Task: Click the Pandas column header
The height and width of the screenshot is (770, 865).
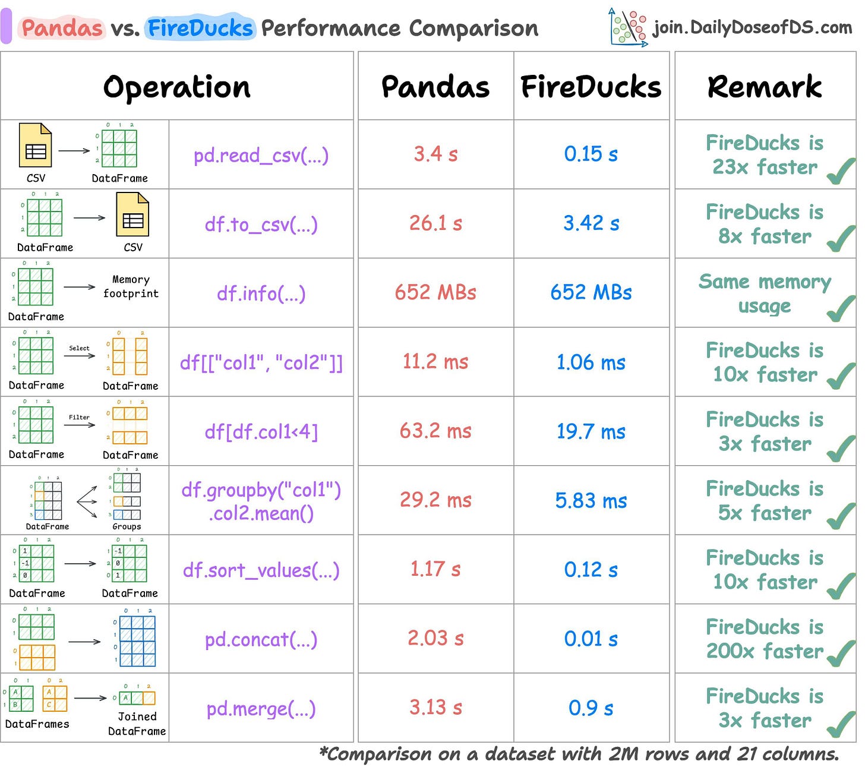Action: point(435,87)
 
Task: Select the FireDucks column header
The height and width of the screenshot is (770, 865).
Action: point(591,87)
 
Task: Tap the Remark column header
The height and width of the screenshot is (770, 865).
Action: point(765,87)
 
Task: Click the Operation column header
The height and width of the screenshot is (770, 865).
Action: point(176,87)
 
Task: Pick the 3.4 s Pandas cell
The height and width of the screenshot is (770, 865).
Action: point(435,154)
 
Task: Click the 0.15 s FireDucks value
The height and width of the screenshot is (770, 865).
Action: point(591,154)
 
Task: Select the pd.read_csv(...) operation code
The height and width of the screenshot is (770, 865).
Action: point(261,155)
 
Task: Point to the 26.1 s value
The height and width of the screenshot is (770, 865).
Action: point(435,223)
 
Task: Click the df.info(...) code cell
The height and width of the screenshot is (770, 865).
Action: point(261,293)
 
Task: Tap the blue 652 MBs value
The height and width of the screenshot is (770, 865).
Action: point(591,292)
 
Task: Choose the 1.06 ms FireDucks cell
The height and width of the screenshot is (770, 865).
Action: point(591,362)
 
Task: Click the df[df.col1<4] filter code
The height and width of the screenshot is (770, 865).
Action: point(261,431)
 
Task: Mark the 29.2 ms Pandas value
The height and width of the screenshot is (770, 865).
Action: point(435,500)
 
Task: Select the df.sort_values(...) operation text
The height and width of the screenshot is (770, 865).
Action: point(261,570)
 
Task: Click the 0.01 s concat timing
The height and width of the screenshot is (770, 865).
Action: point(591,639)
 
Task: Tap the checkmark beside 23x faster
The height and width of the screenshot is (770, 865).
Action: point(841,172)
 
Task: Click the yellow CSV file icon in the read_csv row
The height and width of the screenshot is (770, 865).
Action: point(35,146)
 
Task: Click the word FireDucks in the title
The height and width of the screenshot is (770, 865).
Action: point(200,28)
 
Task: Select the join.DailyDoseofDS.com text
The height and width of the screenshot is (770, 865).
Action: point(752,27)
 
